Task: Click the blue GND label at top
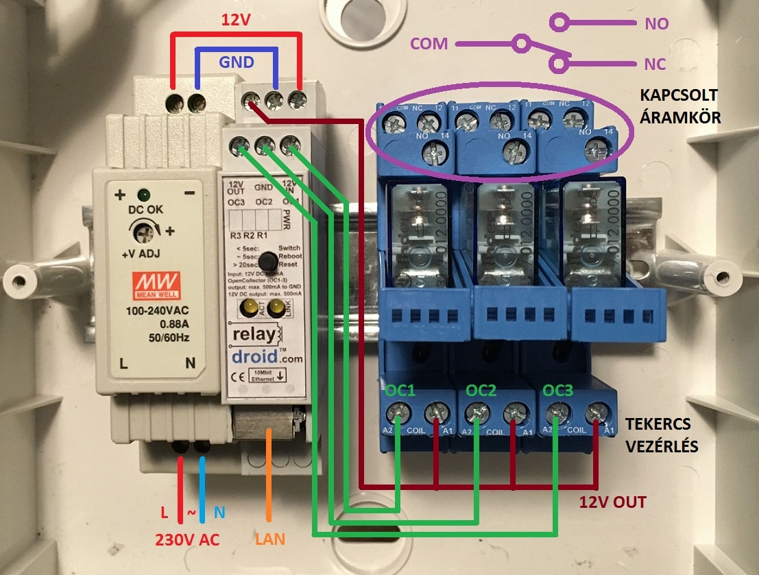tap(237, 62)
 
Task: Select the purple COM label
tap(429, 44)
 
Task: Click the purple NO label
tap(656, 24)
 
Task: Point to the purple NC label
tap(655, 64)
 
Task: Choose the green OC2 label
tap(481, 391)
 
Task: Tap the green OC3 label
tap(557, 391)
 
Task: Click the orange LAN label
tap(270, 539)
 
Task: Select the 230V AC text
tap(189, 539)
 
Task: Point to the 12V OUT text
tap(612, 502)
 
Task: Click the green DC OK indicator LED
tap(144, 195)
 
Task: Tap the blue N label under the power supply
tap(218, 512)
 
